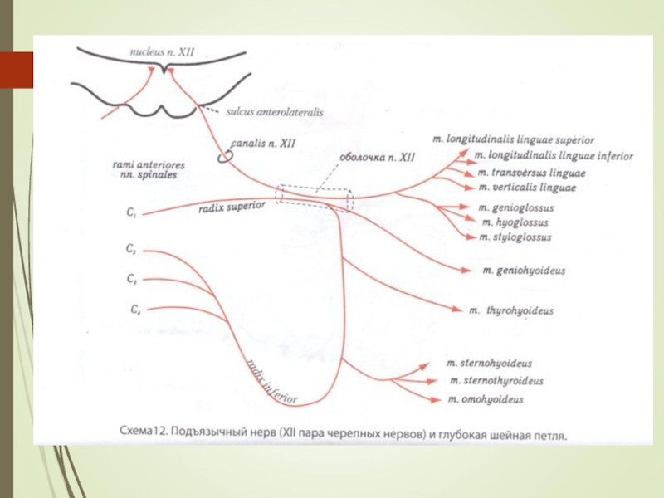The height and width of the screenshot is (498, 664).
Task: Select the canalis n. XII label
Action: (262, 144)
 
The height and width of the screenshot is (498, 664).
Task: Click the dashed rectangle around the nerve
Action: (316, 198)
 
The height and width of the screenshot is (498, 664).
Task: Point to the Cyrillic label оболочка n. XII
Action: (377, 155)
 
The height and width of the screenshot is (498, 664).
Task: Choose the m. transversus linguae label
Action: (531, 173)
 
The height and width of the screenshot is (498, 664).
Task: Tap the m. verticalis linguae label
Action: (527, 188)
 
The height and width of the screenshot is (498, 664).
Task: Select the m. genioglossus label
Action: (515, 207)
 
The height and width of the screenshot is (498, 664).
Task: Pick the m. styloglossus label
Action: (515, 237)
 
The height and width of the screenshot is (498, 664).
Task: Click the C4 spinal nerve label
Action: (134, 310)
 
